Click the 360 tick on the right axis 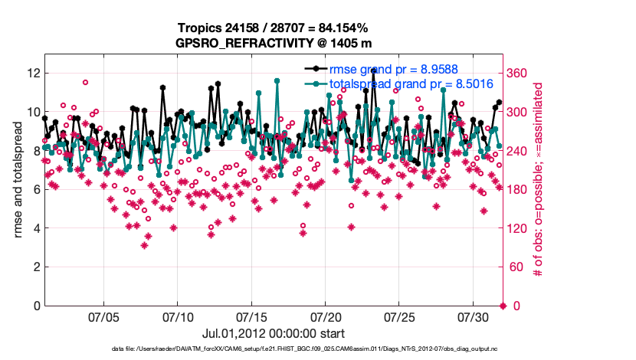point(519,73)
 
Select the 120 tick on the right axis point(519,228)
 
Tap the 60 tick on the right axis point(516,267)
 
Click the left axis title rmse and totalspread point(17,179)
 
